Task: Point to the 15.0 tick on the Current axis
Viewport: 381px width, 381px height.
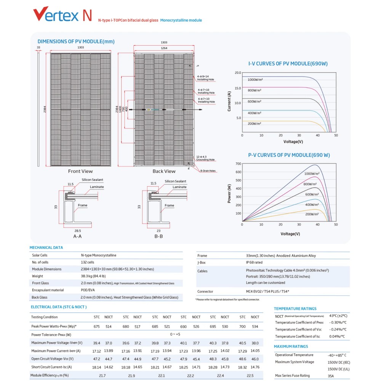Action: tap(238, 88)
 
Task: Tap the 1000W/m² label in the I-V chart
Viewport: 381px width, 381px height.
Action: tap(255, 80)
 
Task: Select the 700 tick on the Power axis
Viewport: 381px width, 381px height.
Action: tap(238, 164)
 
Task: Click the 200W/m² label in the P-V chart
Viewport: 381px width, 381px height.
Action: tap(312, 214)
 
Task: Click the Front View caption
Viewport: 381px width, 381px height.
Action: tap(80, 171)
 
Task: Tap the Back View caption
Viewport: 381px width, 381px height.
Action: tap(164, 171)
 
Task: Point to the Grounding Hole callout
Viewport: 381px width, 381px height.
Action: tap(205, 160)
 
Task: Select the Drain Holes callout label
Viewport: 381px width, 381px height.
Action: tap(208, 171)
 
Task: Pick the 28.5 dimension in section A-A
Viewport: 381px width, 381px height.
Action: tap(77, 231)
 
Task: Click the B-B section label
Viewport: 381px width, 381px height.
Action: tap(158, 236)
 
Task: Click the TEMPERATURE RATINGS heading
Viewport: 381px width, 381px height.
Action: tap(295, 309)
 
